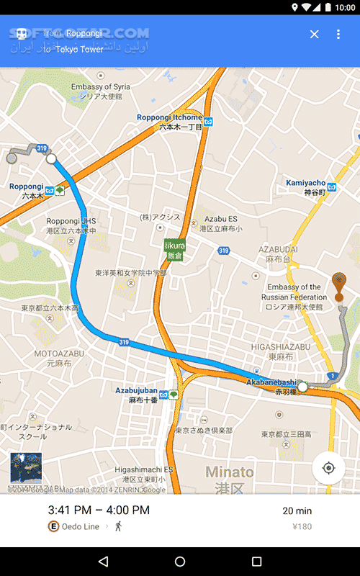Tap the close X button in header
314,34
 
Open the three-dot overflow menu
338,34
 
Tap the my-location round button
329,469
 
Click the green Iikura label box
175,248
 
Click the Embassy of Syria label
100,91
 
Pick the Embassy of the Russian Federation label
293,297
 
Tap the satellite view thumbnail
26,469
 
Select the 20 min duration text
297,510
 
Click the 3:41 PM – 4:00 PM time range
99,510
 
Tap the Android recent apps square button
256,562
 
